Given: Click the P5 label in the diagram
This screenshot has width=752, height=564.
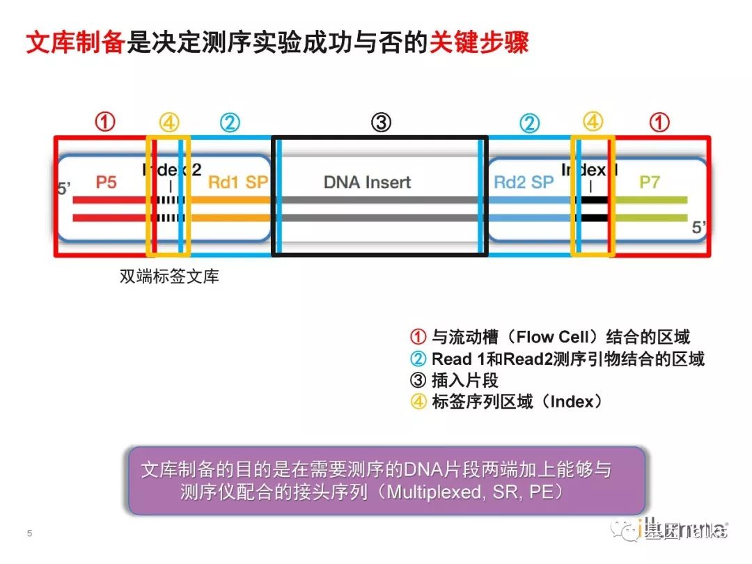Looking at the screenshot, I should pos(107,182).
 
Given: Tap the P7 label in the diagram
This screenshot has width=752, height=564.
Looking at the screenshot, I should pos(650,182).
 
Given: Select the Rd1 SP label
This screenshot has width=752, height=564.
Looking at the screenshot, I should pos(237,182).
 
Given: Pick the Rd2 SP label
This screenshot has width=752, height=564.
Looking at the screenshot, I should pos(523,182).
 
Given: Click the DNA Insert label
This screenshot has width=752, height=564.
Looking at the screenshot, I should pos(367,182).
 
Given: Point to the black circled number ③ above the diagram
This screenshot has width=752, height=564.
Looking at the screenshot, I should pos(381,123).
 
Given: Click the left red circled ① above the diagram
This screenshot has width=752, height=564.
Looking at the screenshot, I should pos(104,123).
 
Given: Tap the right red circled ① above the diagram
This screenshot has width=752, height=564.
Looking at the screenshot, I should pos(659,123).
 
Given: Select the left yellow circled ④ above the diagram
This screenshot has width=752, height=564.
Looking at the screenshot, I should pos(169,123).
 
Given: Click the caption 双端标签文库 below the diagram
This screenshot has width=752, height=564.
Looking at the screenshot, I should pos(169,276).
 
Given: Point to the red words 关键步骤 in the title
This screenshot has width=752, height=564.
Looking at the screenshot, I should pos(478,43).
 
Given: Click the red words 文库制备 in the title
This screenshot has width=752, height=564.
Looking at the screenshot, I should pos(75,43).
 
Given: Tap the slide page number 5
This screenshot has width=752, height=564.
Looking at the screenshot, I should pos(30,533).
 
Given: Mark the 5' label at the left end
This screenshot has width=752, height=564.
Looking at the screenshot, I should pos(65,188).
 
